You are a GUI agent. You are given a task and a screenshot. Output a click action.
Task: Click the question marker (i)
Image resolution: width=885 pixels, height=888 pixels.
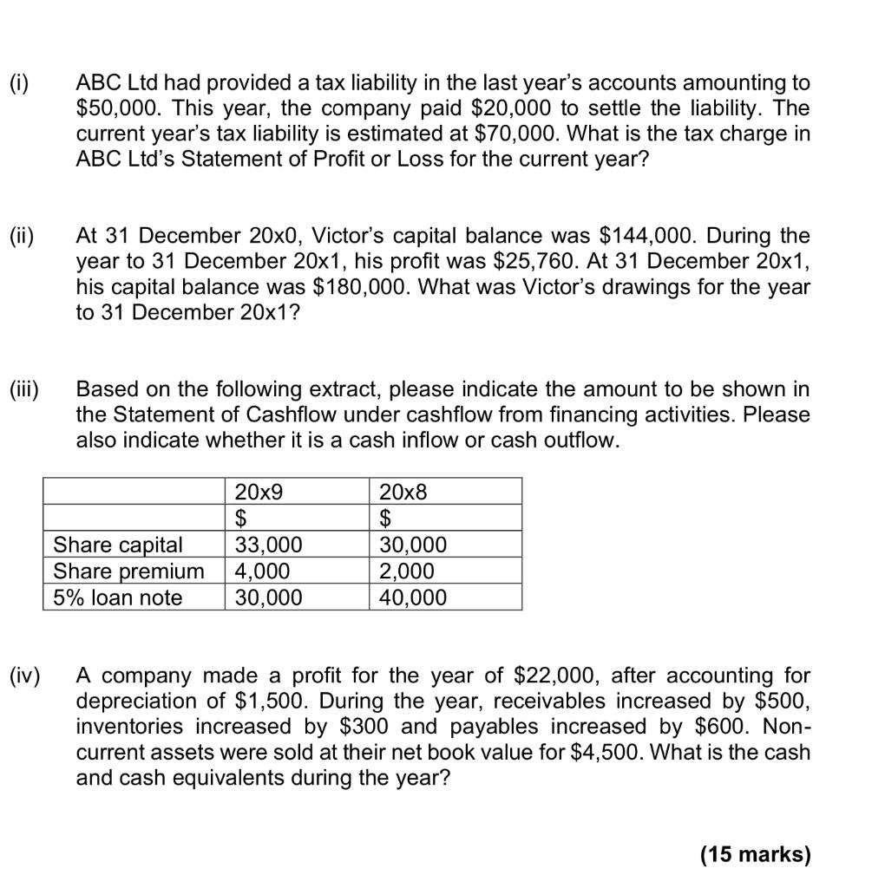pyautogui.click(x=18, y=83)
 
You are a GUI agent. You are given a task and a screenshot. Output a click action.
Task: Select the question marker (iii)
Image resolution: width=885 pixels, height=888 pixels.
pyautogui.click(x=23, y=389)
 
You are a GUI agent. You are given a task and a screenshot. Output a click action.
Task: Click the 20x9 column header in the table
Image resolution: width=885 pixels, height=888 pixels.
pyautogui.click(x=259, y=492)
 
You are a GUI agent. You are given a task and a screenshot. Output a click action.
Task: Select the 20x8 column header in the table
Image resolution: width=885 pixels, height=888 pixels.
pyautogui.click(x=403, y=492)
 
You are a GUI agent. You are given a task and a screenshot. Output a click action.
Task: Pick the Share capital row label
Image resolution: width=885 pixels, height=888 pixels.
pyautogui.click(x=118, y=545)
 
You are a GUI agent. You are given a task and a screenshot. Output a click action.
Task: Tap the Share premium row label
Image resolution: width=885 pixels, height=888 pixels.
pyautogui.click(x=128, y=571)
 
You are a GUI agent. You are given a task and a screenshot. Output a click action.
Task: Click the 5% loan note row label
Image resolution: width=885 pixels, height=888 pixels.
pyautogui.click(x=118, y=597)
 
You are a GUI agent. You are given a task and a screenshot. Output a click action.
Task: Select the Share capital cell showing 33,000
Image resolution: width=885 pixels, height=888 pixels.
pyautogui.click(x=269, y=545)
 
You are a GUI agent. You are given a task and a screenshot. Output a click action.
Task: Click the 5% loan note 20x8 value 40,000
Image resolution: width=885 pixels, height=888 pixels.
pyautogui.click(x=413, y=597)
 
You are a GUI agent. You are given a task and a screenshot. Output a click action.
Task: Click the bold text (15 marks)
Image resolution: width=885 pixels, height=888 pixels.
pyautogui.click(x=754, y=855)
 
